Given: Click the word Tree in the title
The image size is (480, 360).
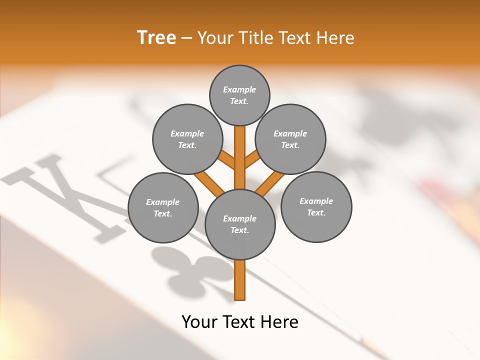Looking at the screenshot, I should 156,37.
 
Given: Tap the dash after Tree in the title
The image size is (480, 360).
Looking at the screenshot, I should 186,38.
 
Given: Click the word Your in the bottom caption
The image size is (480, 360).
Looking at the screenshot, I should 200,321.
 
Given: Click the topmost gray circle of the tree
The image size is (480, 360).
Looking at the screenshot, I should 239,95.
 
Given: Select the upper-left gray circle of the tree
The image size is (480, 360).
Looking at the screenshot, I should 187,139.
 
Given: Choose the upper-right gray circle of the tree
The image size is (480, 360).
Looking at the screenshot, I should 290,139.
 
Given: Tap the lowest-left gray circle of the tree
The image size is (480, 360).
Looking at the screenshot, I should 163,207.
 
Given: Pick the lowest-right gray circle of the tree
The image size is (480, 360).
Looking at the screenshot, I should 316,206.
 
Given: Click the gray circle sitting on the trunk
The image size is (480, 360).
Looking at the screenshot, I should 240,224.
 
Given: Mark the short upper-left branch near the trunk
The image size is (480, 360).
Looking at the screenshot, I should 227,160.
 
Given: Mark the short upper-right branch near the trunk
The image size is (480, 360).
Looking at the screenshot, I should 251,160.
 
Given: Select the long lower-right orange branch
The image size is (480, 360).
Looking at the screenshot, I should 270,183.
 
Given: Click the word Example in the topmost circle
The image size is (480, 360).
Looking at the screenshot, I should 239,89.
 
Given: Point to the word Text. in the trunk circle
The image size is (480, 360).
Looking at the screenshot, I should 239,230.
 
